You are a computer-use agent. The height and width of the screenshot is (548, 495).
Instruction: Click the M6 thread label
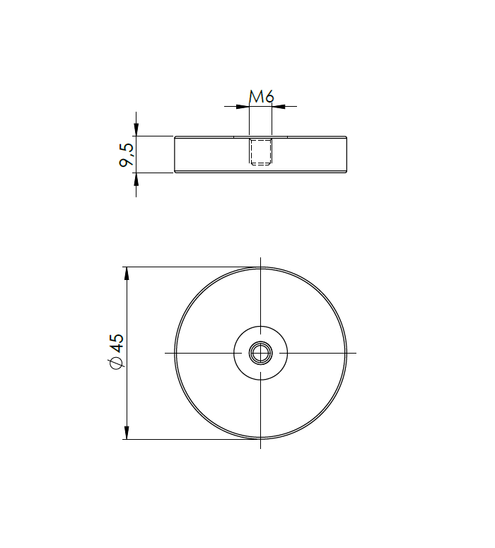click(x=261, y=97)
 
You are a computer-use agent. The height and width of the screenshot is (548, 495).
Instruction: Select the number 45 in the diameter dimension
click(x=116, y=344)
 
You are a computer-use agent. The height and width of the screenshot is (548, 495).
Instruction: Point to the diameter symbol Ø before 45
click(x=117, y=363)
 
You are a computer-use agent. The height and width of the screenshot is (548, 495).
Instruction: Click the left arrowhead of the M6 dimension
click(x=243, y=107)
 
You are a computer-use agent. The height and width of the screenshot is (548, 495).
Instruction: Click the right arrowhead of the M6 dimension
click(x=279, y=107)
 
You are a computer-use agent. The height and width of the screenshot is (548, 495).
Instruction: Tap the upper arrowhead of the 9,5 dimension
click(x=136, y=130)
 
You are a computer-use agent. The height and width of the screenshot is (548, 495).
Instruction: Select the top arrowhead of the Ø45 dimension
click(x=127, y=273)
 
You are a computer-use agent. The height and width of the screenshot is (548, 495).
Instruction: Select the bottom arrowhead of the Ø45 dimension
click(x=127, y=433)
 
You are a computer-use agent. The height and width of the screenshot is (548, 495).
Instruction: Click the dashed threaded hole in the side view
click(x=261, y=152)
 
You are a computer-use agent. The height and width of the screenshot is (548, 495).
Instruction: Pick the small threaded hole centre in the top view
click(x=261, y=352)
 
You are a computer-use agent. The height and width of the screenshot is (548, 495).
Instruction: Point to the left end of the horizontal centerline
click(x=165, y=352)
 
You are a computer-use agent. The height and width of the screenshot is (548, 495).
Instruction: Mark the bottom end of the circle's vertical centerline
click(x=261, y=448)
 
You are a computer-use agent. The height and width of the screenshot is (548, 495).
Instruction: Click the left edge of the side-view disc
click(x=175, y=154)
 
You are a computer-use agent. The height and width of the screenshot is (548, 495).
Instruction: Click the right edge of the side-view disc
click(x=347, y=154)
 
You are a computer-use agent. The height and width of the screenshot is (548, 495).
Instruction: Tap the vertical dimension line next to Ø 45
click(x=127, y=396)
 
